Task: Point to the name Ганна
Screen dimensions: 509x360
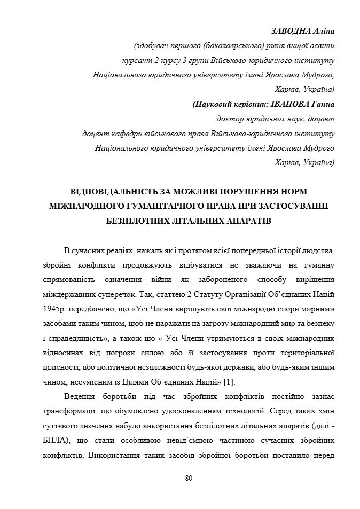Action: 323,104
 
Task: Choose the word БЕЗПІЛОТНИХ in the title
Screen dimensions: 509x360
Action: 127,220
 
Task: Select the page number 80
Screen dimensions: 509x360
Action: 189,478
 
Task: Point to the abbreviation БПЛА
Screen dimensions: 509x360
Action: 54,441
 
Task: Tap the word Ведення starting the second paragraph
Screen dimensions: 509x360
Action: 79,397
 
